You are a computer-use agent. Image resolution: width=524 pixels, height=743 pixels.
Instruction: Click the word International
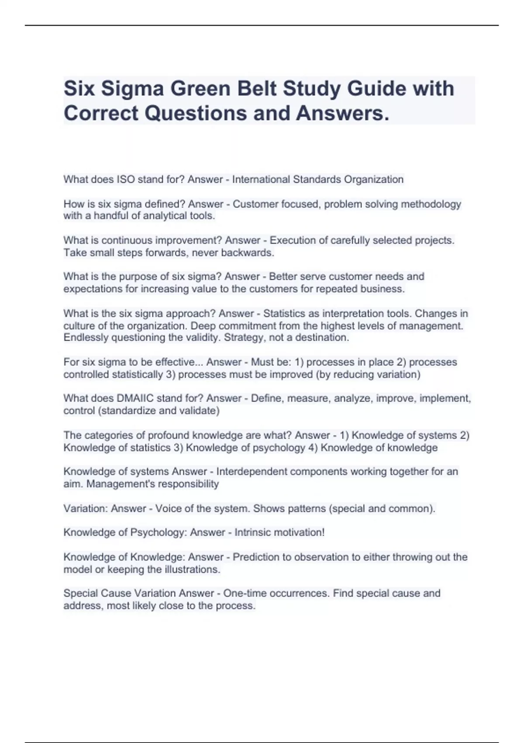click(x=261, y=180)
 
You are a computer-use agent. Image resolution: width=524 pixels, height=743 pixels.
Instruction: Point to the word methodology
click(x=431, y=204)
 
